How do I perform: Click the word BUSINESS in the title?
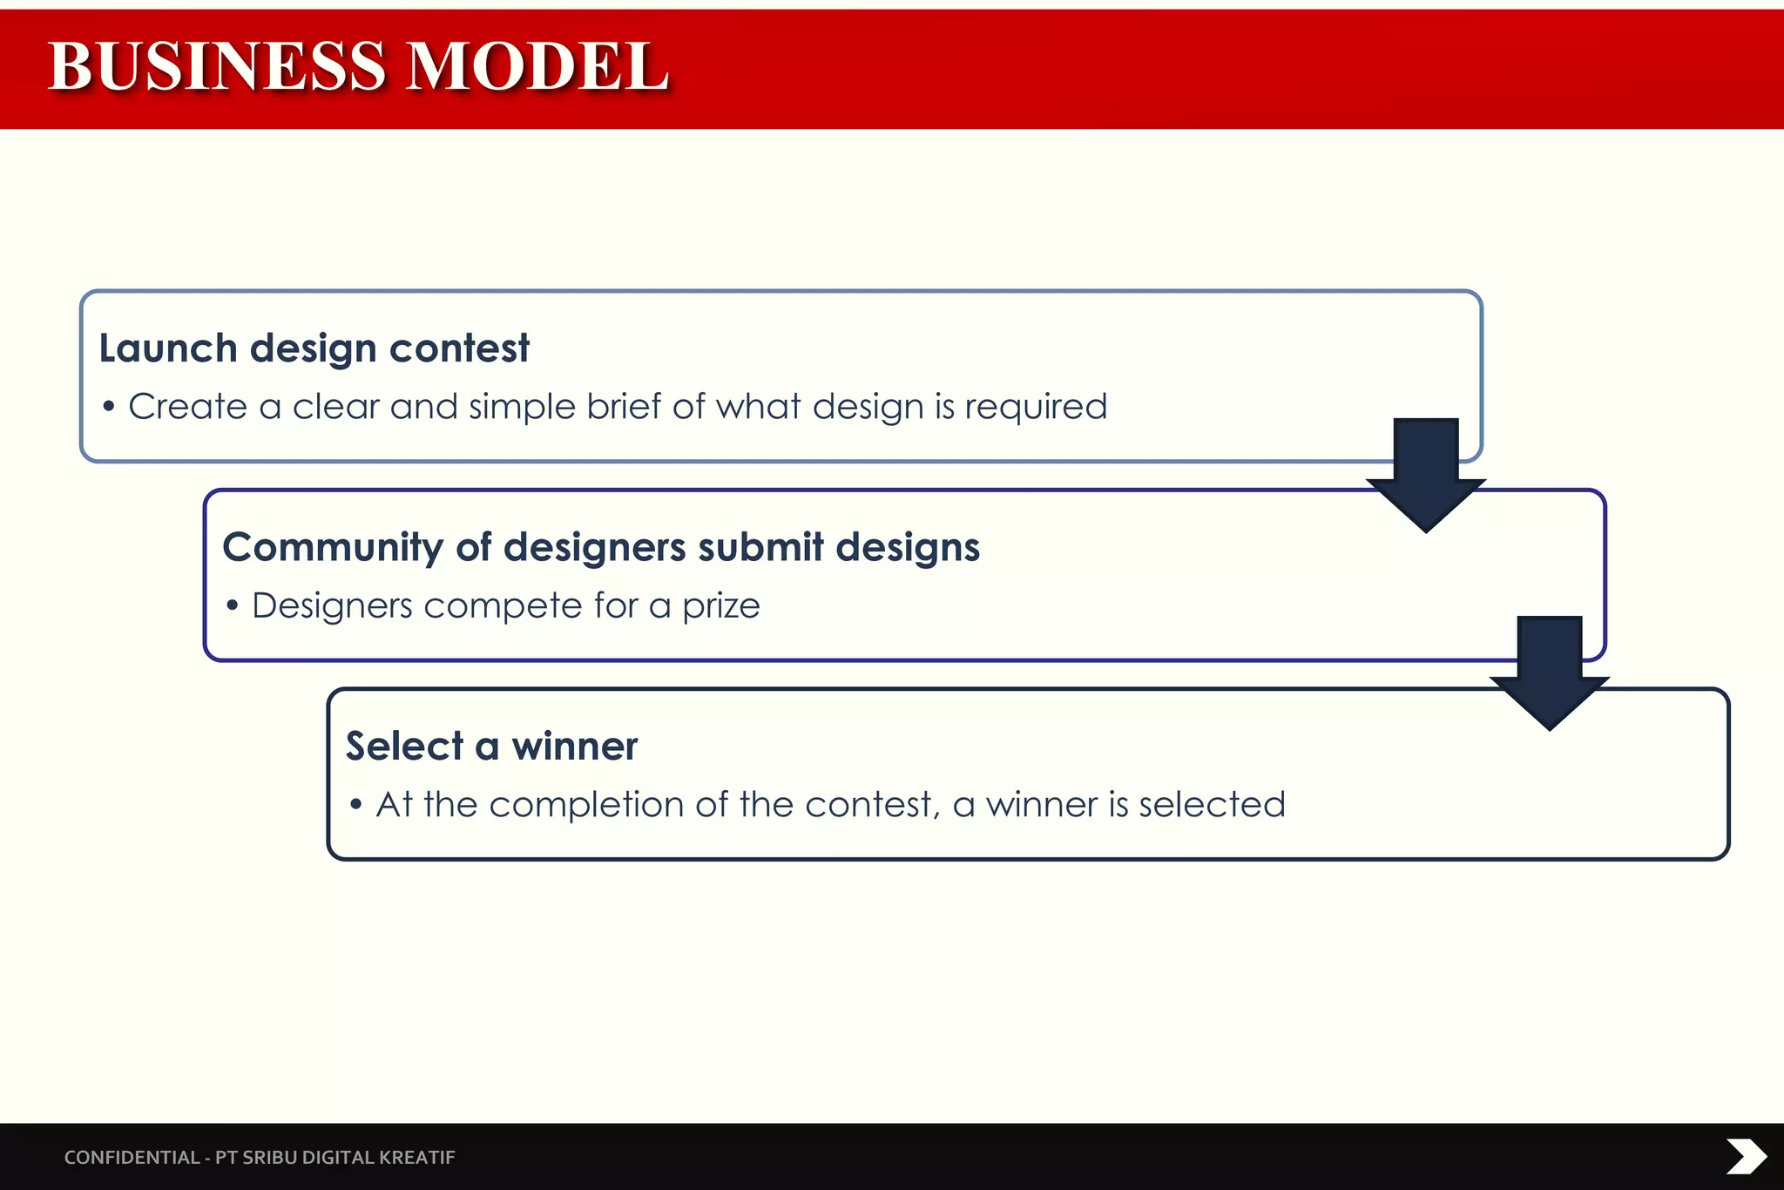[x=216, y=66]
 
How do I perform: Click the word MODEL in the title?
[x=537, y=66]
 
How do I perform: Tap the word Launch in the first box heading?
[x=168, y=348]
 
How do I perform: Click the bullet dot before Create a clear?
[x=109, y=407]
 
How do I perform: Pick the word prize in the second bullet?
[x=720, y=606]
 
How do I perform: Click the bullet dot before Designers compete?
[x=233, y=605]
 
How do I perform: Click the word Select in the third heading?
[x=405, y=747]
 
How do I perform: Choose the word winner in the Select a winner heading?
[x=575, y=747]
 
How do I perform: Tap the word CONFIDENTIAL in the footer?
[x=132, y=1158]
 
